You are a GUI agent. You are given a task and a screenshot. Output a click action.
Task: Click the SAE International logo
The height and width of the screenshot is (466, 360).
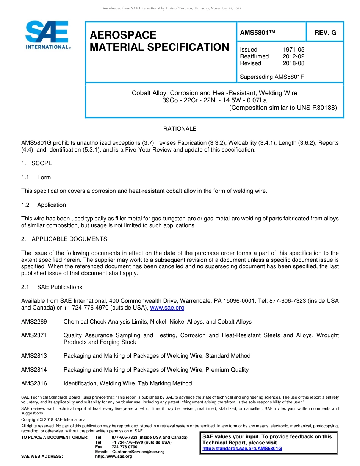(47, 35)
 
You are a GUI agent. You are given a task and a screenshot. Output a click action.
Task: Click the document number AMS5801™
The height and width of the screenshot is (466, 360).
(257, 33)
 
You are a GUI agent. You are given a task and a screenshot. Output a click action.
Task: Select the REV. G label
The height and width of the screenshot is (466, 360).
(325, 33)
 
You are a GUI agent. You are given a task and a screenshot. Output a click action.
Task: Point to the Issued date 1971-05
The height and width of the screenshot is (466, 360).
(293, 50)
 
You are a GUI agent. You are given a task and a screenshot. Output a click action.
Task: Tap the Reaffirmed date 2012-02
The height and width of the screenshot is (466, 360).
(293, 56)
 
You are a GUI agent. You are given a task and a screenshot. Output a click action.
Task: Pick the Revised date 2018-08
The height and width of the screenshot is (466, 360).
(293, 63)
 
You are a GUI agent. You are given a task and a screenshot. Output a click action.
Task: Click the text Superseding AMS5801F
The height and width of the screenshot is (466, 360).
(272, 77)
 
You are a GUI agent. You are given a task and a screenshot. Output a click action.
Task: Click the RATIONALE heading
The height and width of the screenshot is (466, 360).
(180, 129)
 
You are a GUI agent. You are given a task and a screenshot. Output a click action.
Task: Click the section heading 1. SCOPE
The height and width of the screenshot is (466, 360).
(37, 163)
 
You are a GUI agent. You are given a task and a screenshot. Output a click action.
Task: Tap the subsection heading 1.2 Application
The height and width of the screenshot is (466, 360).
(44, 205)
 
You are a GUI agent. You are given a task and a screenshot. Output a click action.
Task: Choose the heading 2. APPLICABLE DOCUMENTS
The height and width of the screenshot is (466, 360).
(64, 239)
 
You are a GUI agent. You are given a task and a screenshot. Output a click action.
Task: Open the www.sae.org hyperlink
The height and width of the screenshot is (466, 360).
(167, 308)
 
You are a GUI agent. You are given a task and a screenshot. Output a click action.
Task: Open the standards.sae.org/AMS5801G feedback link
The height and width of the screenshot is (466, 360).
(242, 449)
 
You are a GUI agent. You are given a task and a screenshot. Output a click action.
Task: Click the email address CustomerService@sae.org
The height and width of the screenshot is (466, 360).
(138, 452)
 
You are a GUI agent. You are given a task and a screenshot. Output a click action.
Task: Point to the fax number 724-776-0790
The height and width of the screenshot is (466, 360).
(124, 447)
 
